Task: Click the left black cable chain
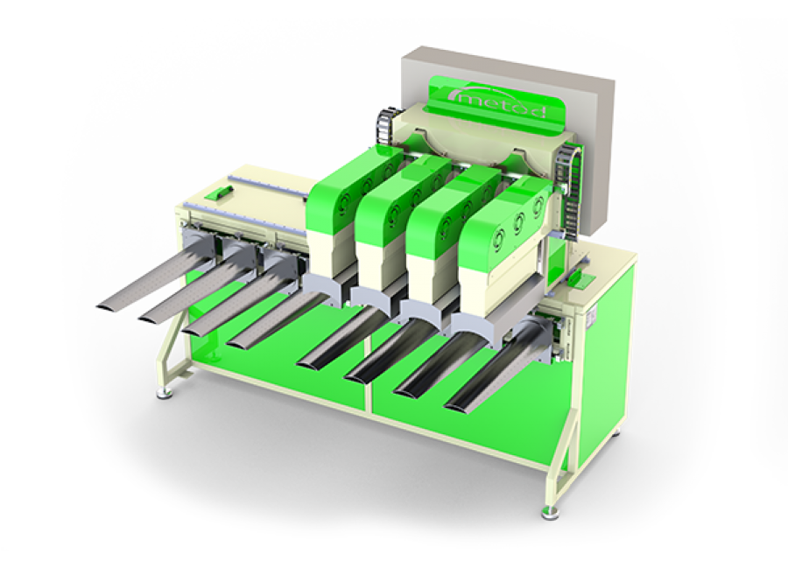point(382,128)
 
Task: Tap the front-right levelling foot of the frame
point(552,510)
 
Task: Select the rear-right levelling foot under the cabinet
point(619,430)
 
